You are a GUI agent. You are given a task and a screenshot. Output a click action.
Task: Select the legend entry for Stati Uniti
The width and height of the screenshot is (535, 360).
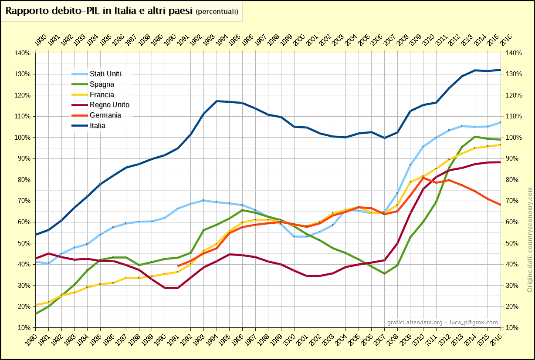[105, 74]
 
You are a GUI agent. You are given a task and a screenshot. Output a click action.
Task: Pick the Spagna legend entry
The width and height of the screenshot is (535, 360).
[102, 84]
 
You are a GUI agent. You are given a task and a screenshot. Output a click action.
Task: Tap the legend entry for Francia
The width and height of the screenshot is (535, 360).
[102, 94]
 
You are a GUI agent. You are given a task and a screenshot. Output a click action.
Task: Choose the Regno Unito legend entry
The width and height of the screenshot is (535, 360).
[109, 104]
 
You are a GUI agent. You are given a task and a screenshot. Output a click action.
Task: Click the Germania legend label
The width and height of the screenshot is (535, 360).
[105, 115]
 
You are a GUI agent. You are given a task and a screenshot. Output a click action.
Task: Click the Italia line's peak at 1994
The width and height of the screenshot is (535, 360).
[217, 101]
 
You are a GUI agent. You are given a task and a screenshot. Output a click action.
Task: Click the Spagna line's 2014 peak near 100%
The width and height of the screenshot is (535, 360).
[475, 137]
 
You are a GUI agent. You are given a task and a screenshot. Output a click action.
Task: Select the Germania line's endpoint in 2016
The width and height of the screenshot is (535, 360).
[501, 205]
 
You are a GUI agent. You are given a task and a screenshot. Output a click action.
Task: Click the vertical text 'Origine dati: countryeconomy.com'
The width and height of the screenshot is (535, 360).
[530, 239]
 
